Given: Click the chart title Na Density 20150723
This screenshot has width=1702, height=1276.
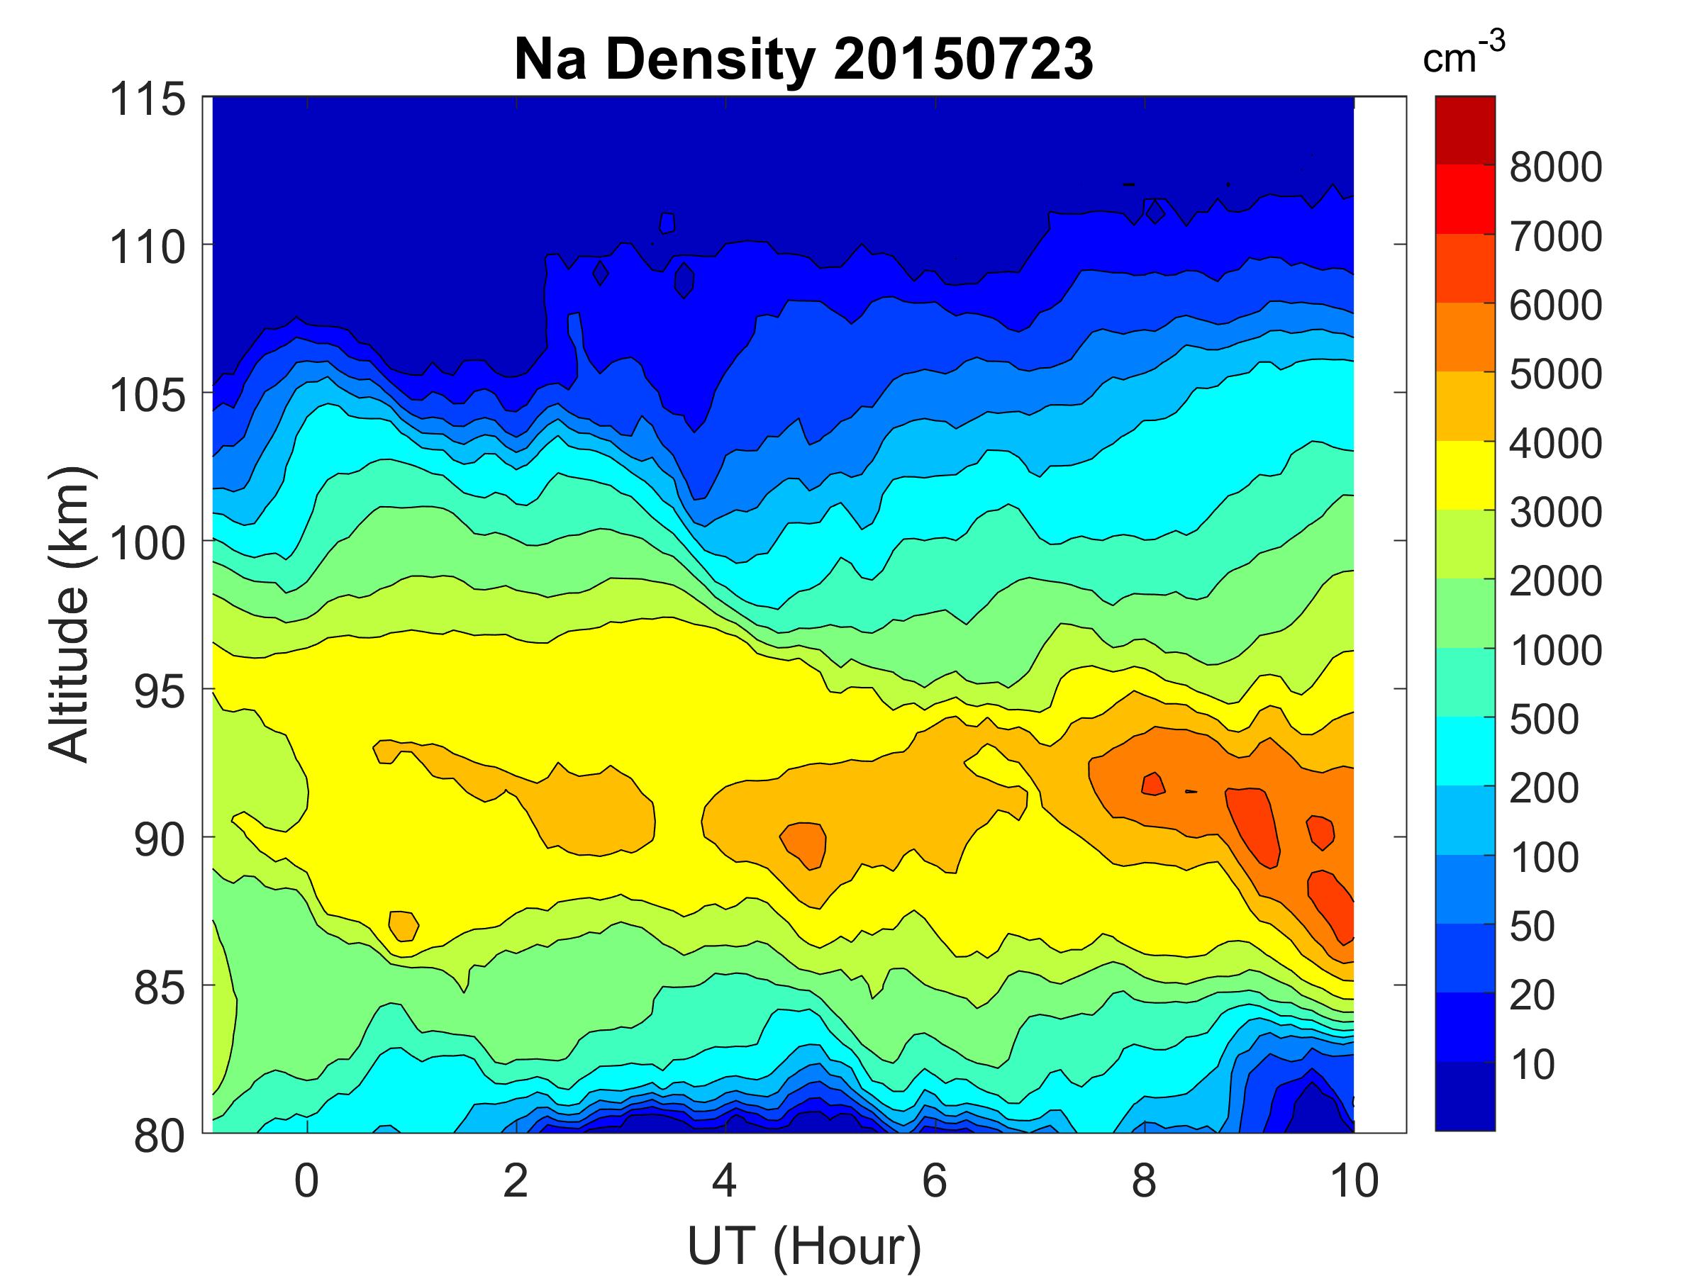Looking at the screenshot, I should click(x=803, y=60).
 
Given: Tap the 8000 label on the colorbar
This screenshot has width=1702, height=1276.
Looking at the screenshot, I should click(x=1555, y=168).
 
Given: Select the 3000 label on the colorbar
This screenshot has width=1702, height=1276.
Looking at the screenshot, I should click(x=1555, y=513).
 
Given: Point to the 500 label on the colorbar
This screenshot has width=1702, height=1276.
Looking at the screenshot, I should click(x=1543, y=719).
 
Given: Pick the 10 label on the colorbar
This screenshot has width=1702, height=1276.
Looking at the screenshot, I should click(x=1532, y=1065).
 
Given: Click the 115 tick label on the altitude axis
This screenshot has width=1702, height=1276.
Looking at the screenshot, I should click(x=148, y=100).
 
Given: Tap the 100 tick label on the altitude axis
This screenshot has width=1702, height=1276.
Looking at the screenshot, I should click(x=148, y=544).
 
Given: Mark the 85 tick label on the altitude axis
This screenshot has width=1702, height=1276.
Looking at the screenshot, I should click(x=160, y=987).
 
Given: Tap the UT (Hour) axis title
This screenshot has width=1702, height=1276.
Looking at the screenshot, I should click(x=803, y=1246).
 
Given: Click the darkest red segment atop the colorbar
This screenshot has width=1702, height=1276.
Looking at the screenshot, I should click(x=1464, y=130).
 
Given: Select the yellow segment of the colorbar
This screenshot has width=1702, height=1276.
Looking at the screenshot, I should click(x=1464, y=476).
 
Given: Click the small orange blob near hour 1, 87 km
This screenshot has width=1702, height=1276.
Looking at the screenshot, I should click(x=404, y=925).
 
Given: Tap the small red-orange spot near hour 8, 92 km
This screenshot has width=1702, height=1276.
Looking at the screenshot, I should click(x=1152, y=784).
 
